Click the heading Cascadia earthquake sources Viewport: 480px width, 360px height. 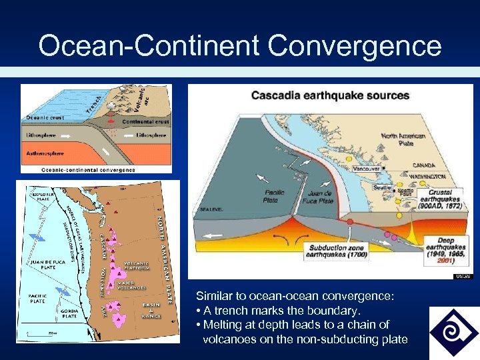pyautogui.click(x=330, y=95)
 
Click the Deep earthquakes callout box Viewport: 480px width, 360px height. pyautogui.click(x=446, y=251)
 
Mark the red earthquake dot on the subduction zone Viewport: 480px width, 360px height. pyautogui.click(x=349, y=221)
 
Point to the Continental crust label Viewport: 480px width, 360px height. pyautogui.click(x=145, y=122)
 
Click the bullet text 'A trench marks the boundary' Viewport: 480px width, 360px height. pyautogui.click(x=278, y=311)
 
